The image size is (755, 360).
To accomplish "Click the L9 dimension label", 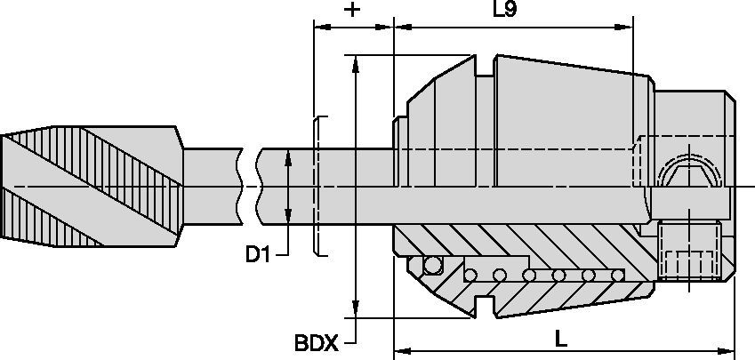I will tap(505, 11).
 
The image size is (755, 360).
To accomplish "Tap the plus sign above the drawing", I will tap(353, 11).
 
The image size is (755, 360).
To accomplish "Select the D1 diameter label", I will tap(257, 255).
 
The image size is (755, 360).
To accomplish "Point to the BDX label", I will tap(316, 342).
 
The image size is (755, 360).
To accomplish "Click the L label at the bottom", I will tap(560, 339).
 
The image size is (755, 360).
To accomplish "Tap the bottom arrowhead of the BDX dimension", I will tap(356, 312).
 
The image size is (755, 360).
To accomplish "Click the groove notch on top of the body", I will tap(485, 67).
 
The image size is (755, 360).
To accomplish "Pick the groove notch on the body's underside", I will tap(485, 307).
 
